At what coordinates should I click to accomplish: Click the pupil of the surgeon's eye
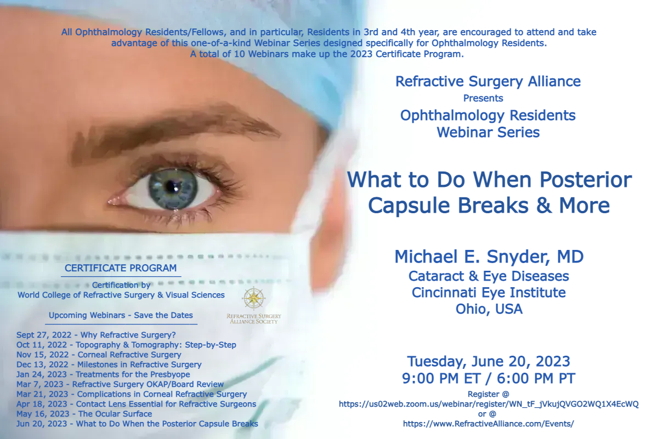pos(171,186)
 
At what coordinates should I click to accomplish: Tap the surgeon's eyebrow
pos(173,129)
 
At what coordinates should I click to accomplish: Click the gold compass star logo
pos(254,298)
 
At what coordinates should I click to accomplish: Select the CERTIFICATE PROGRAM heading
pos(121,268)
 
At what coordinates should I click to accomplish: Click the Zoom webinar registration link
pos(489,404)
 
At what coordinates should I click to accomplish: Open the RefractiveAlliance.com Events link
pos(488,424)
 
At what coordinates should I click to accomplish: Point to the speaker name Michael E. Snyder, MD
pos(489,256)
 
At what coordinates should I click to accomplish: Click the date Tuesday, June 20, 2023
pos(489,362)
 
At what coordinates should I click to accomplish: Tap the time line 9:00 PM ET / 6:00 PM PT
pos(489,378)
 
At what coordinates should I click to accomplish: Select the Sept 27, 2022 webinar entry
pos(96,335)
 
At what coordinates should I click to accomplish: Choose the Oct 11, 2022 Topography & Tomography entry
pos(126,345)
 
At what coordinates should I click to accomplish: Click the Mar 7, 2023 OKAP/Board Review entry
pos(120,384)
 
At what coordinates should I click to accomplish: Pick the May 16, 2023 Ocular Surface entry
pos(84,414)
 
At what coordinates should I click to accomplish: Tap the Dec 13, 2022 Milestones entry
pos(109,364)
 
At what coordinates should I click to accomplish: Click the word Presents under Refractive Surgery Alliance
pos(483,98)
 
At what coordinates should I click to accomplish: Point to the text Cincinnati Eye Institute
pos(489,293)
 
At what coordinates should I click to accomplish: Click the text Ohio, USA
pos(489,309)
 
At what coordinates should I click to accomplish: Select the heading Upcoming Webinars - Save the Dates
pos(121,315)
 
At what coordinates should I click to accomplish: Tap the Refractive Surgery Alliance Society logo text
pos(254,319)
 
